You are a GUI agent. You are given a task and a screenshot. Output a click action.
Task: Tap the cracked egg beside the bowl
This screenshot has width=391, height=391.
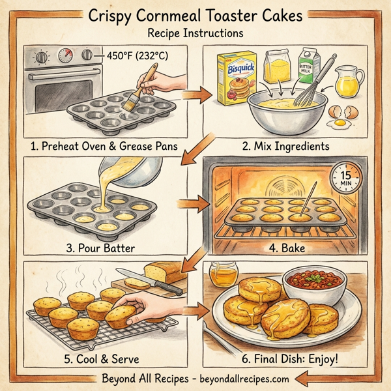[x=343, y=115]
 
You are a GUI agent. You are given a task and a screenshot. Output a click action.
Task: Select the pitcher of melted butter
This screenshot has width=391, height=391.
[x=351, y=81]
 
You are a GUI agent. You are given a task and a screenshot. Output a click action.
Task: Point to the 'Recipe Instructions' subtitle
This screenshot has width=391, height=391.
[x=195, y=32]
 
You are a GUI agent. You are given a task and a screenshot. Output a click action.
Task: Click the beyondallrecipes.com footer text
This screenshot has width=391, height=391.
[x=240, y=377]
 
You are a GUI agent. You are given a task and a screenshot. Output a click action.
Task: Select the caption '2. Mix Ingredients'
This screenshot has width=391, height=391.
[x=283, y=145]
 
